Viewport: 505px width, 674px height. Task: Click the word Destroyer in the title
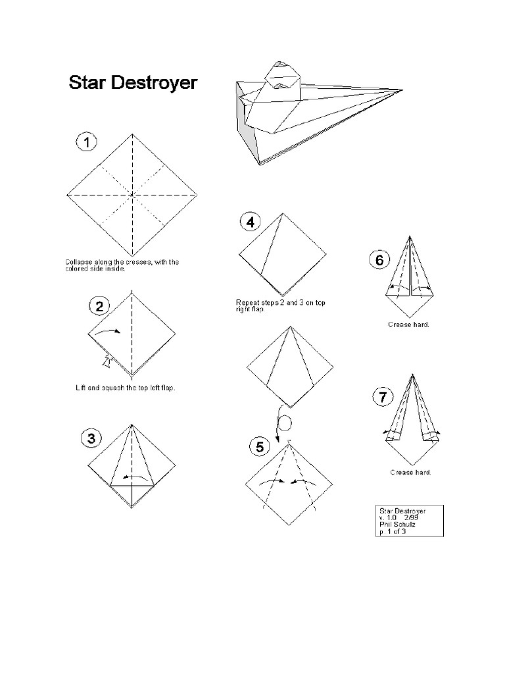click(154, 82)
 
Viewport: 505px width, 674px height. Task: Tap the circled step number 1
click(87, 142)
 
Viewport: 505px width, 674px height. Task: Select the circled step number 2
click(99, 307)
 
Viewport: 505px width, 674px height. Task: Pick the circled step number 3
click(91, 438)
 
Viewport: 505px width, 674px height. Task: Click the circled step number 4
click(250, 222)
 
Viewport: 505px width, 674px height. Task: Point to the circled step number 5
click(259, 447)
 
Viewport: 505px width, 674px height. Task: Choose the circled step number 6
click(379, 260)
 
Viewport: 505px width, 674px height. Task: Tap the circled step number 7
click(383, 397)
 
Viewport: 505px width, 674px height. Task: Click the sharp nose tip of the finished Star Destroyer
click(402, 90)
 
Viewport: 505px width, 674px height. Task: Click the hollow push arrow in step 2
click(106, 361)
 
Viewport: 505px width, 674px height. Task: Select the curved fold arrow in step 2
click(108, 331)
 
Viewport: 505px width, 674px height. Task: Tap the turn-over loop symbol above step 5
click(283, 423)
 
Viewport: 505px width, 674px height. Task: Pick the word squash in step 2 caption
click(113, 388)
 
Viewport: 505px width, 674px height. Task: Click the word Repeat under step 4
click(247, 303)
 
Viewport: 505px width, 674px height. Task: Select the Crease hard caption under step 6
click(408, 324)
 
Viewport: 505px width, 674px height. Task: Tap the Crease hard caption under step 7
click(410, 473)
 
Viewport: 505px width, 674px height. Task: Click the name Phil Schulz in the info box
click(397, 525)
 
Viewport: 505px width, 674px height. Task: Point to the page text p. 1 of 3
click(393, 531)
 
